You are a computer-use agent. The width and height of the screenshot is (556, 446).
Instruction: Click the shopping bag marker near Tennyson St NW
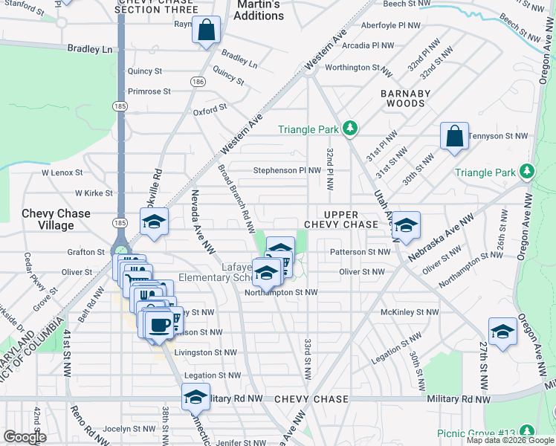[454, 138]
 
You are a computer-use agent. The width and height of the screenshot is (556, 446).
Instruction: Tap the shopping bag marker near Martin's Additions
[207, 31]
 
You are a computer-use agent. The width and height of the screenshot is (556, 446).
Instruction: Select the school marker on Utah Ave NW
[406, 227]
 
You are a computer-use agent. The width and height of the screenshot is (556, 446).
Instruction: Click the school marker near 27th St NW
[502, 332]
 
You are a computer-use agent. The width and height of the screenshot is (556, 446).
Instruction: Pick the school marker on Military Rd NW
[195, 398]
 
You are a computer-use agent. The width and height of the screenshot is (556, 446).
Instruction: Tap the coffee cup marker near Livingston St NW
[160, 325]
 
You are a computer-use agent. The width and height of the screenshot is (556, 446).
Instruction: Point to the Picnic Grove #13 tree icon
[527, 431]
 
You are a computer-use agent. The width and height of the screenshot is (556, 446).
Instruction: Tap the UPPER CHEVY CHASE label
[341, 219]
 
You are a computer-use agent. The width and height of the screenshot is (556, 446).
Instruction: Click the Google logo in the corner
[25, 437]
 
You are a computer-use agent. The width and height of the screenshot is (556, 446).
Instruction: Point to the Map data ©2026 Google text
[510, 440]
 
